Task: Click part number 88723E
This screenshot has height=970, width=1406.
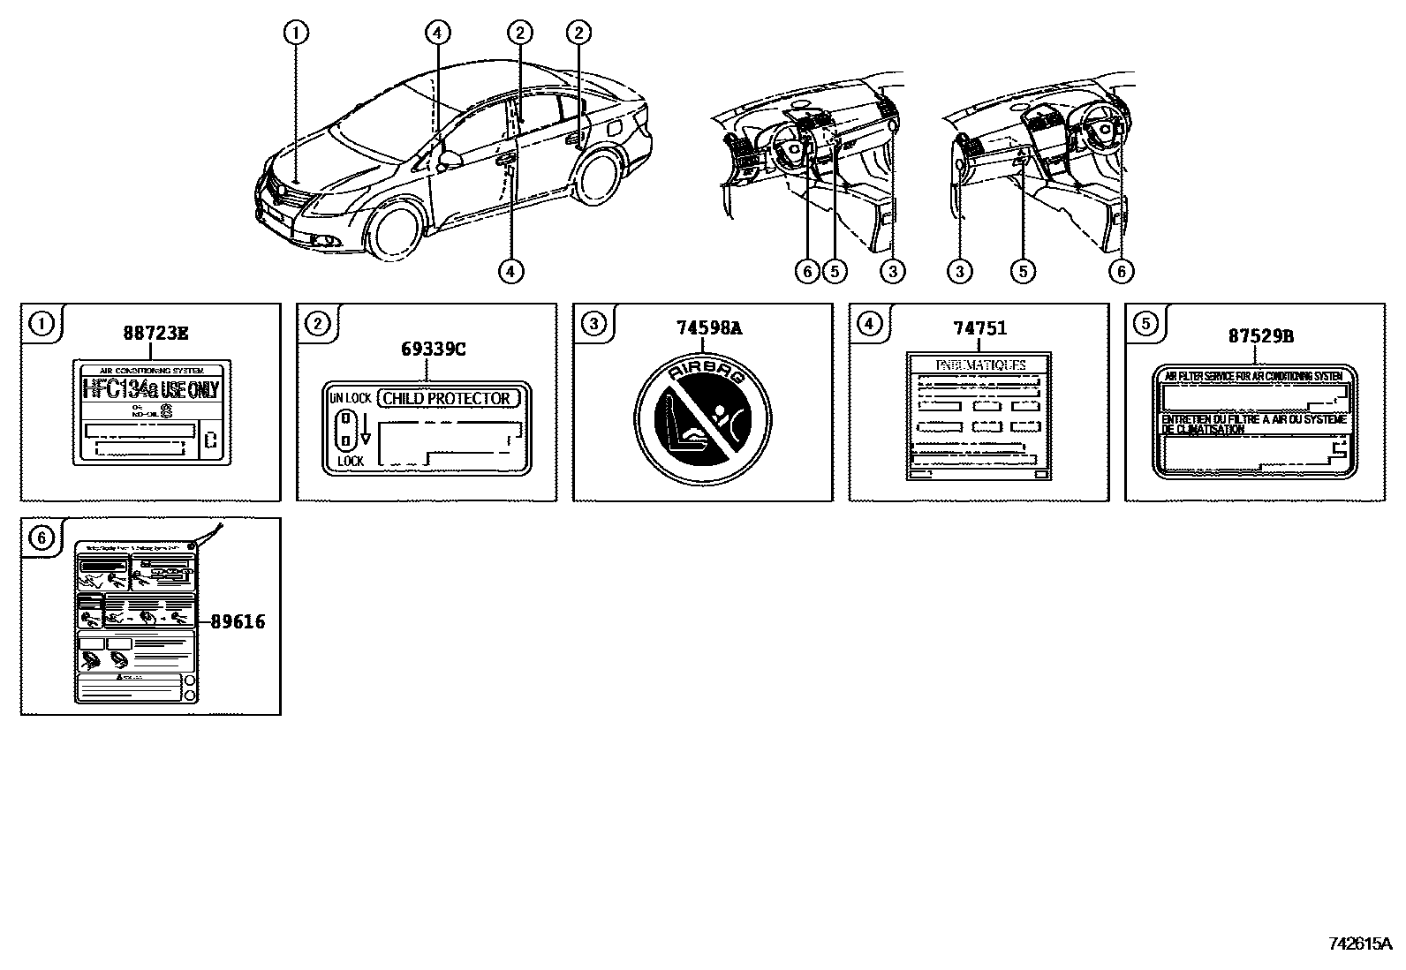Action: [x=155, y=333]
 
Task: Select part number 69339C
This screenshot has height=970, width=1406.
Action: [x=433, y=349]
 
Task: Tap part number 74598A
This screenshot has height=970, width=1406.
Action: [x=709, y=328]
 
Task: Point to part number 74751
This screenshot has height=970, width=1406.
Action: [x=979, y=328]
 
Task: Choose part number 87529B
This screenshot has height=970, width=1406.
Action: [x=1260, y=336]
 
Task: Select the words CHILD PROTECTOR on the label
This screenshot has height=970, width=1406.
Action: [x=447, y=398]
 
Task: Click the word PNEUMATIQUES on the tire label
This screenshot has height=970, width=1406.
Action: [x=979, y=365]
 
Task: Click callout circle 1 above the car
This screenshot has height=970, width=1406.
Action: [x=296, y=34]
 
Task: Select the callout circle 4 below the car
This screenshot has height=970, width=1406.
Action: [x=510, y=271]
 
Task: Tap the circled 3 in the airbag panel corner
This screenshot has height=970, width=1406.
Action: [x=593, y=324]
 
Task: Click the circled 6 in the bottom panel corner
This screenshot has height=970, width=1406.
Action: [x=42, y=537]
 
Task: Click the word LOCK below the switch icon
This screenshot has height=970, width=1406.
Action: [x=351, y=461]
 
